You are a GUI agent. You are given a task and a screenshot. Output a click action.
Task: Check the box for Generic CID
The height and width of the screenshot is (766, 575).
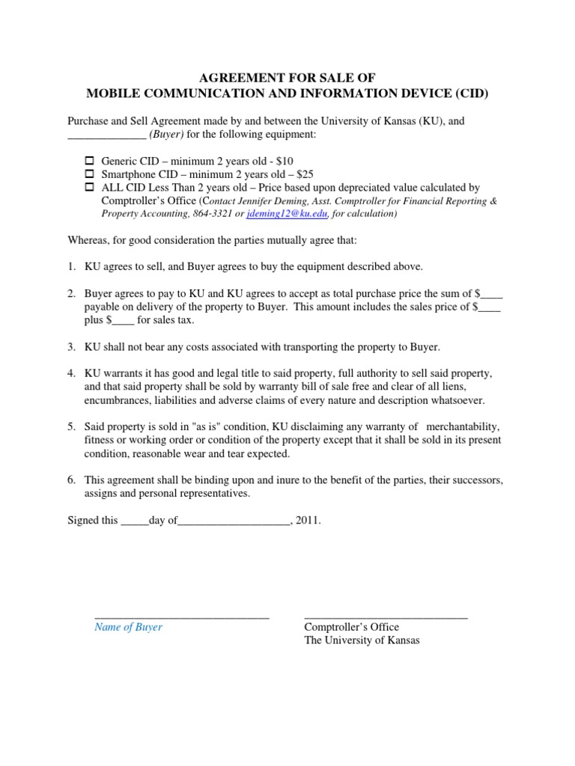(x=88, y=161)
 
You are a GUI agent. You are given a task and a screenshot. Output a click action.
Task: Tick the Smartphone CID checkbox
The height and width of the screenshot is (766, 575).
(x=88, y=174)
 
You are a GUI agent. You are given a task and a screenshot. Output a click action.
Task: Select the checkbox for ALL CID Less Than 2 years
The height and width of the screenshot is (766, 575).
(x=88, y=187)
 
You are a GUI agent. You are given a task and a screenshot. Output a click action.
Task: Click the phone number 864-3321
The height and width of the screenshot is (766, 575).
(x=213, y=214)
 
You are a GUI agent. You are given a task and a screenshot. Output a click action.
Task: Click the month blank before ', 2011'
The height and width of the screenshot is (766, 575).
(x=233, y=521)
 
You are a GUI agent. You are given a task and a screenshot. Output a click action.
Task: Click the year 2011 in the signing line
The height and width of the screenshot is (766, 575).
(x=307, y=521)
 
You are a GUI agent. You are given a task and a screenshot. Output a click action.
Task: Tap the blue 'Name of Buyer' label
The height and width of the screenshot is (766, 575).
(x=128, y=628)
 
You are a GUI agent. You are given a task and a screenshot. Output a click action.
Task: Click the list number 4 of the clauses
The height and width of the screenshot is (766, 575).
(x=72, y=373)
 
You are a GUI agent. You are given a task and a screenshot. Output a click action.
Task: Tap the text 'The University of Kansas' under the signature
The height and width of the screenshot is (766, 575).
(x=362, y=641)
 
